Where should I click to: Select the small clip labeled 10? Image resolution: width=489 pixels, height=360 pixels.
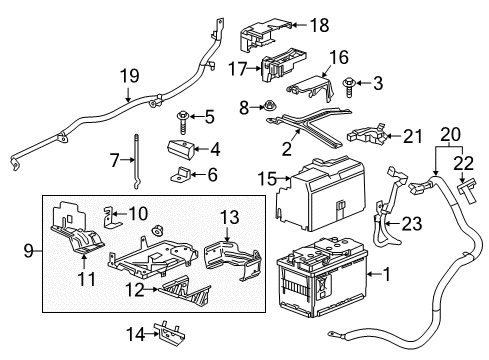pos(112,214)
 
